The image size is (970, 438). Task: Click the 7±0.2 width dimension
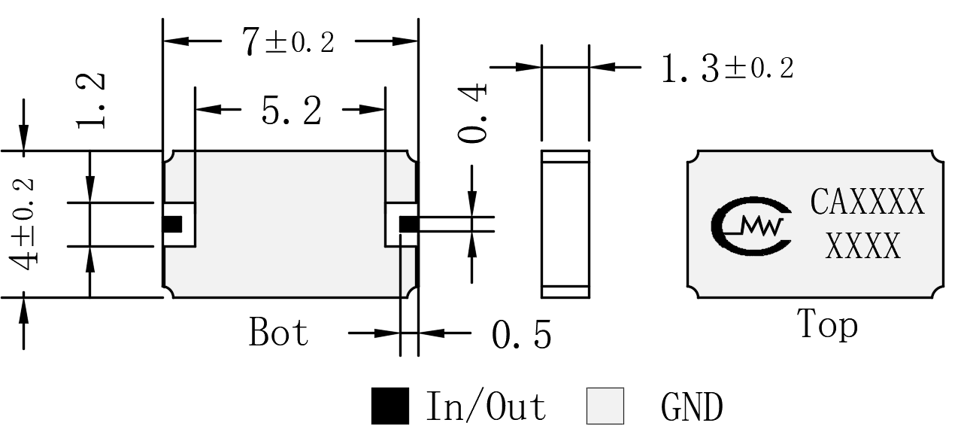pyautogui.click(x=289, y=41)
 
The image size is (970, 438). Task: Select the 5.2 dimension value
pyautogui.click(x=292, y=111)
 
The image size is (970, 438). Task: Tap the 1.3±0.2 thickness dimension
pyautogui.click(x=728, y=68)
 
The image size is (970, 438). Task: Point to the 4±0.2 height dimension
pyautogui.click(x=23, y=224)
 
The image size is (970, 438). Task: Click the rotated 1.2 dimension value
pyautogui.click(x=90, y=101)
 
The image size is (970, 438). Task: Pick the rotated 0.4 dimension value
pyautogui.click(x=472, y=114)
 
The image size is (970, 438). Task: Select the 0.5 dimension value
pyautogui.click(x=522, y=334)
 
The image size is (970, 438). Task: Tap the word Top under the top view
pyautogui.click(x=827, y=324)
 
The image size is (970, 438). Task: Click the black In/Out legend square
pyautogui.click(x=390, y=406)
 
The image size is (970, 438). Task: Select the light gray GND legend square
pyautogui.click(x=605, y=406)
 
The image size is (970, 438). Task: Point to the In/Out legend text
pyautogui.click(x=487, y=406)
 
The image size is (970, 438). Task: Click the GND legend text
pyautogui.click(x=692, y=406)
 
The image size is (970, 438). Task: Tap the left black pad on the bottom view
pyautogui.click(x=172, y=224)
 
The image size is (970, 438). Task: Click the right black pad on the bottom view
pyautogui.click(x=409, y=224)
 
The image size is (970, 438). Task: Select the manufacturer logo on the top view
pyautogui.click(x=751, y=226)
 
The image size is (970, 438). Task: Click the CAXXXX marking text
pyautogui.click(x=868, y=202)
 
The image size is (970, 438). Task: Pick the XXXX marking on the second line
pyautogui.click(x=863, y=245)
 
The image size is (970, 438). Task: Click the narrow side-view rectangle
pyautogui.click(x=565, y=224)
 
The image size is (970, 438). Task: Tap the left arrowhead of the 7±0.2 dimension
pyautogui.click(x=176, y=41)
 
